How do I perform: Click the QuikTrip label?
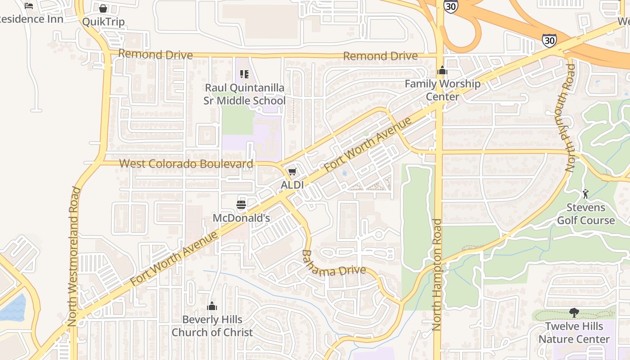(103, 22)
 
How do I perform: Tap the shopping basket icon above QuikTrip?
(103, 9)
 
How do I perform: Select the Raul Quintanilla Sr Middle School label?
(244, 94)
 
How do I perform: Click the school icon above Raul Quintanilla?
(244, 74)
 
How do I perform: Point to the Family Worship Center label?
(442, 90)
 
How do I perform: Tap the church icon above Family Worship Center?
(442, 71)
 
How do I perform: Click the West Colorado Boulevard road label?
(186, 164)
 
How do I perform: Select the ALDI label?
(292, 184)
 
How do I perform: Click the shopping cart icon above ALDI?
(292, 171)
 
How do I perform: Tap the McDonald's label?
(241, 218)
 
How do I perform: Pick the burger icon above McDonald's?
(241, 205)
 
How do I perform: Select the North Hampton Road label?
(437, 274)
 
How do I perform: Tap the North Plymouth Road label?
(571, 118)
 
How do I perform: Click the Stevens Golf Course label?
(585, 214)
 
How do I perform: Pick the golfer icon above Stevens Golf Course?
(585, 194)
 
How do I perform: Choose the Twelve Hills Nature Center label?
(574, 333)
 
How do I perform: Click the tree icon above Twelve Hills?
(574, 313)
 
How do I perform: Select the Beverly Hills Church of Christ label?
(212, 326)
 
